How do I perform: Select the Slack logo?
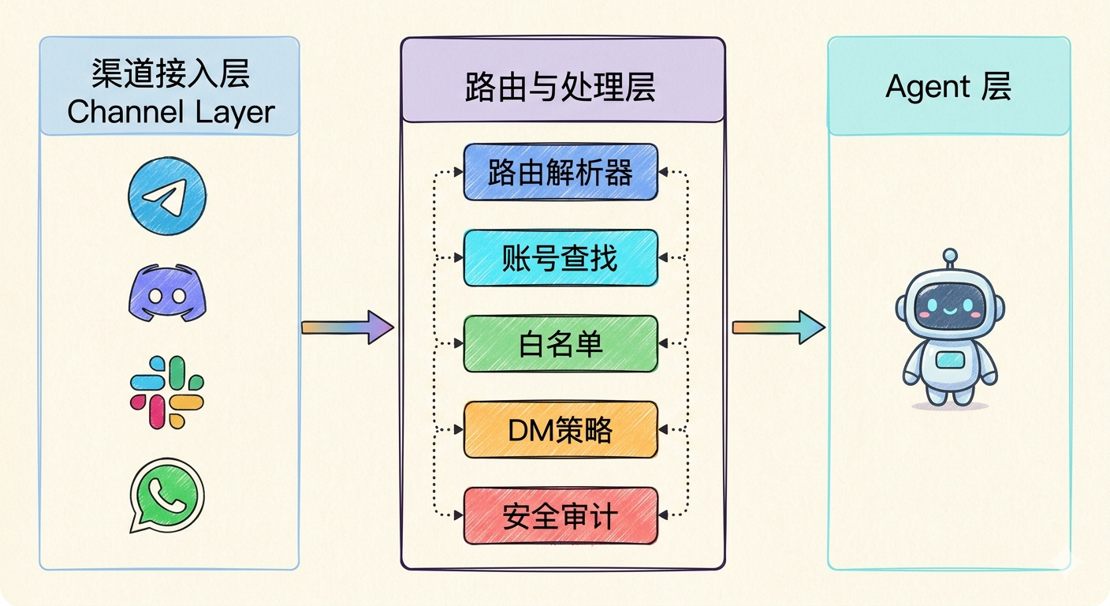(167, 392)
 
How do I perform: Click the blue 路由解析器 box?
(560, 172)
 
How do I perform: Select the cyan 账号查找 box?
(560, 258)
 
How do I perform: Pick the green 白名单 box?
(560, 344)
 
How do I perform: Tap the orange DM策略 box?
(560, 430)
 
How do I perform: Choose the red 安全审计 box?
(560, 516)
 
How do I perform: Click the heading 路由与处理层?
(561, 88)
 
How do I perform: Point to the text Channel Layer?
(170, 111)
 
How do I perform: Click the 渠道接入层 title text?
(170, 75)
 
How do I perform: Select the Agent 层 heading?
(948, 86)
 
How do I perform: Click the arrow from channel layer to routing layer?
(347, 327)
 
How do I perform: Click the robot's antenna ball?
(950, 255)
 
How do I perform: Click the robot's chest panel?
(950, 360)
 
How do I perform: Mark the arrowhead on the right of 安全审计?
(664, 516)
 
